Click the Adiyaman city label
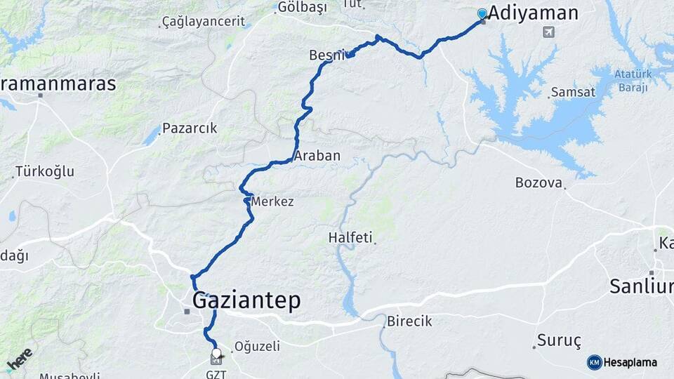[x=533, y=13]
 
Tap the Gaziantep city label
[x=246, y=300]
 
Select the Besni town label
[x=327, y=55]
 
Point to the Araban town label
[x=317, y=156]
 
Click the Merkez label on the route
[x=272, y=201]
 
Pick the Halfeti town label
[x=350, y=238]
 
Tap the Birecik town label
[x=409, y=321]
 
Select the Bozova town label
[x=538, y=182]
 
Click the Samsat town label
[x=573, y=92]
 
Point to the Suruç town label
[x=559, y=340]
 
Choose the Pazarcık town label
[x=190, y=128]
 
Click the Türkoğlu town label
[x=44, y=171]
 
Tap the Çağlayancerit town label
[x=203, y=22]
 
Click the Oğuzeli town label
[x=257, y=346]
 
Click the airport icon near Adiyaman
[x=548, y=32]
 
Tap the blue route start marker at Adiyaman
[x=482, y=13]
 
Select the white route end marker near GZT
[x=216, y=354]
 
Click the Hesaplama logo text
[x=630, y=362]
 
